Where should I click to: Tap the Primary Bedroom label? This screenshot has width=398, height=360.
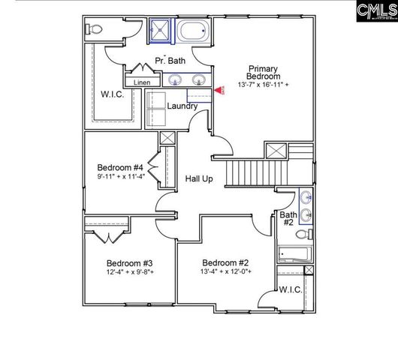click(264, 72)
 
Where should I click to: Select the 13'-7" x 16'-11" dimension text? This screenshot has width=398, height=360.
click(264, 85)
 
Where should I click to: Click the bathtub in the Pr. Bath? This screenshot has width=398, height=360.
click(191, 32)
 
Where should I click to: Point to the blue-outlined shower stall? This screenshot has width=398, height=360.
click(161, 31)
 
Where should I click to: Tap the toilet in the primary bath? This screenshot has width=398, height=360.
click(94, 30)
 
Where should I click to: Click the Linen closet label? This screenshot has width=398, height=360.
click(143, 82)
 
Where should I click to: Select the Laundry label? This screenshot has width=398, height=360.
click(182, 106)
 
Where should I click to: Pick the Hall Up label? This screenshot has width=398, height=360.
click(201, 178)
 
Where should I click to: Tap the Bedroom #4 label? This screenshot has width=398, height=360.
click(120, 166)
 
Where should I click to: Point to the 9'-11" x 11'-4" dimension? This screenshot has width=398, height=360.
click(120, 177)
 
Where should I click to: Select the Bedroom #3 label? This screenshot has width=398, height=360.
click(129, 263)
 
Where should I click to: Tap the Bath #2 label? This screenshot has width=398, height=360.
click(288, 218)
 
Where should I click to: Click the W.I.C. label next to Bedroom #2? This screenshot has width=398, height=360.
click(291, 289)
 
